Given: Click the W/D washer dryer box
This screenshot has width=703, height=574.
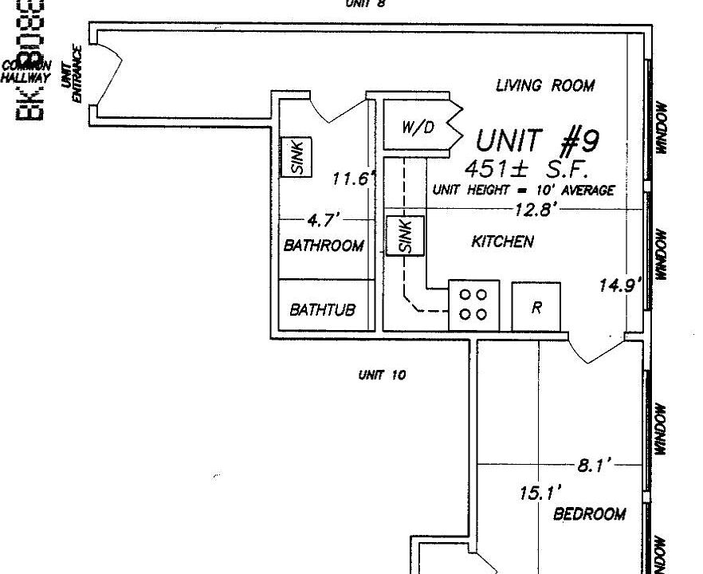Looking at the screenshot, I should pyautogui.click(x=418, y=126).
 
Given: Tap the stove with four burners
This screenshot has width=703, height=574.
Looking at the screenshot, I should pyautogui.click(x=473, y=304).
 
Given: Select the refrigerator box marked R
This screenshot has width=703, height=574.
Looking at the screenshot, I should pyautogui.click(x=536, y=305).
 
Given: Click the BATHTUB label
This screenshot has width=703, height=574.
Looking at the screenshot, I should pyautogui.click(x=322, y=309).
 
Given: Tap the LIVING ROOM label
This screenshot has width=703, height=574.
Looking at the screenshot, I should pyautogui.click(x=544, y=85).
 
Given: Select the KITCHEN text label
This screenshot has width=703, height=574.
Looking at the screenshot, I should pyautogui.click(x=502, y=242).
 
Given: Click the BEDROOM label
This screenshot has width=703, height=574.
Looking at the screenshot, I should pyautogui.click(x=589, y=514).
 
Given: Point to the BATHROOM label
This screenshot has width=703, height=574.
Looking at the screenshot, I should pyautogui.click(x=324, y=246).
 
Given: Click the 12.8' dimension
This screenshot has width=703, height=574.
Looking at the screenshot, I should pyautogui.click(x=533, y=209).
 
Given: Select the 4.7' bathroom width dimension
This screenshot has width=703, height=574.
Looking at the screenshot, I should pyautogui.click(x=324, y=218).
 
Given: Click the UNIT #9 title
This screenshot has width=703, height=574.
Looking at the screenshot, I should pyautogui.click(x=537, y=141).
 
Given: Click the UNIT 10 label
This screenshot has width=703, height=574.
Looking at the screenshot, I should pyautogui.click(x=382, y=375).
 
